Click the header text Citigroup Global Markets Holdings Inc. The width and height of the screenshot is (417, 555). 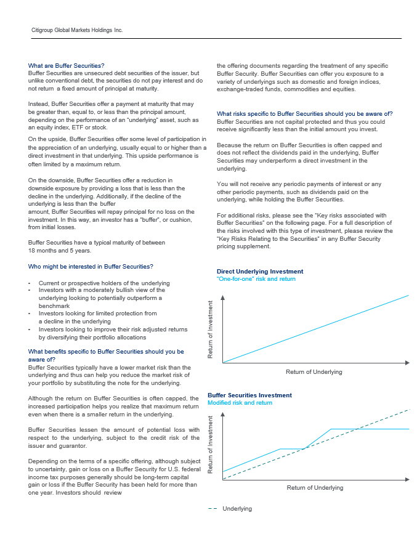[x=77, y=30]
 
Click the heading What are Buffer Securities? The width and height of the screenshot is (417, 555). [x=66, y=65]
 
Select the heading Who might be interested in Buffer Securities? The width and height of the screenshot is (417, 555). [x=91, y=267]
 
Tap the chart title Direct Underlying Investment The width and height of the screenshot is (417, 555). [x=260, y=272]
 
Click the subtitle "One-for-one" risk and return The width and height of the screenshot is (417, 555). [x=256, y=279]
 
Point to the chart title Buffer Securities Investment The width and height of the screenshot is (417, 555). [x=249, y=395]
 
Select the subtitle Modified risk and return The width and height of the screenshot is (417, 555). [x=240, y=403]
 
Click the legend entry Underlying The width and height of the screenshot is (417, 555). [x=237, y=509]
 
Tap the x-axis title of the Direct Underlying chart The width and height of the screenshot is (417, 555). [x=314, y=372]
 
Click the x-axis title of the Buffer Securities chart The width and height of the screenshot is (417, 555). [x=315, y=488]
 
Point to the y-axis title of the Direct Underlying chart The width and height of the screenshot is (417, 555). [x=211, y=330]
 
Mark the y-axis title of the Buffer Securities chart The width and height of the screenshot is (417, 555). [x=211, y=445]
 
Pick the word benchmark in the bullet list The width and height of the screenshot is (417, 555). [x=54, y=306]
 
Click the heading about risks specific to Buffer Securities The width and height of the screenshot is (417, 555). [x=304, y=113]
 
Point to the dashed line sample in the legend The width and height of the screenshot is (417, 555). [x=213, y=509]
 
